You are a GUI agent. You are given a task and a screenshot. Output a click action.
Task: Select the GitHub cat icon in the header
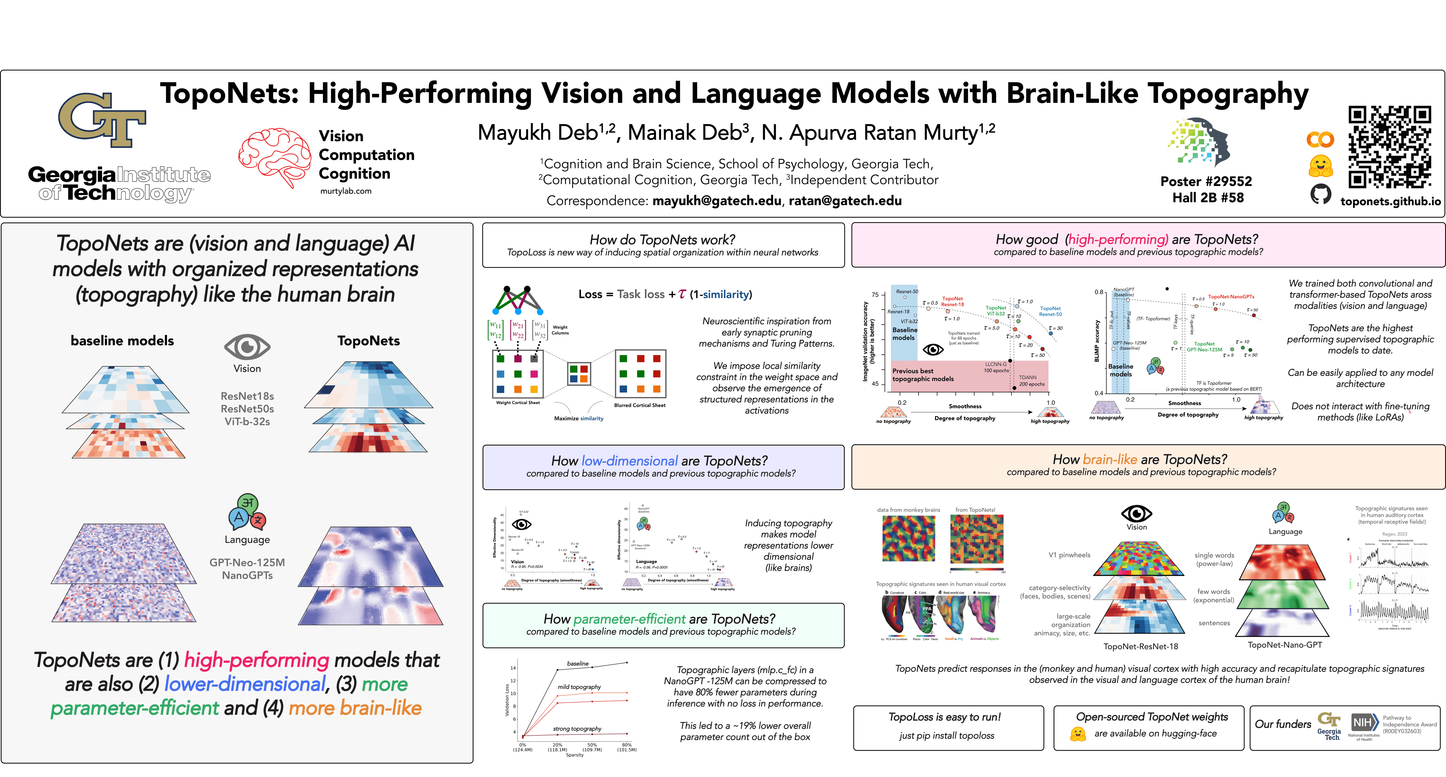[x=1320, y=194]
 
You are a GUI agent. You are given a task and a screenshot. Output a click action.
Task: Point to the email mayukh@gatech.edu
[x=716, y=201]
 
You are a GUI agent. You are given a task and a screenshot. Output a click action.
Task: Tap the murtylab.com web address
[x=346, y=191]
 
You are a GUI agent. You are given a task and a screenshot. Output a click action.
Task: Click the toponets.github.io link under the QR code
[x=1390, y=201]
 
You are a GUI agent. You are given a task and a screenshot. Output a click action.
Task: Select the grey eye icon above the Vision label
[x=247, y=347]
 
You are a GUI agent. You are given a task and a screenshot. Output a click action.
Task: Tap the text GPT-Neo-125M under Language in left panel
[x=247, y=563]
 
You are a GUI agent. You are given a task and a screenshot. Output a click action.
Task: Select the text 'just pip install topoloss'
[x=946, y=735]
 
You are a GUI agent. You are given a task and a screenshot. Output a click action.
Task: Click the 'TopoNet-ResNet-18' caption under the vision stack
[x=1141, y=646]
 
